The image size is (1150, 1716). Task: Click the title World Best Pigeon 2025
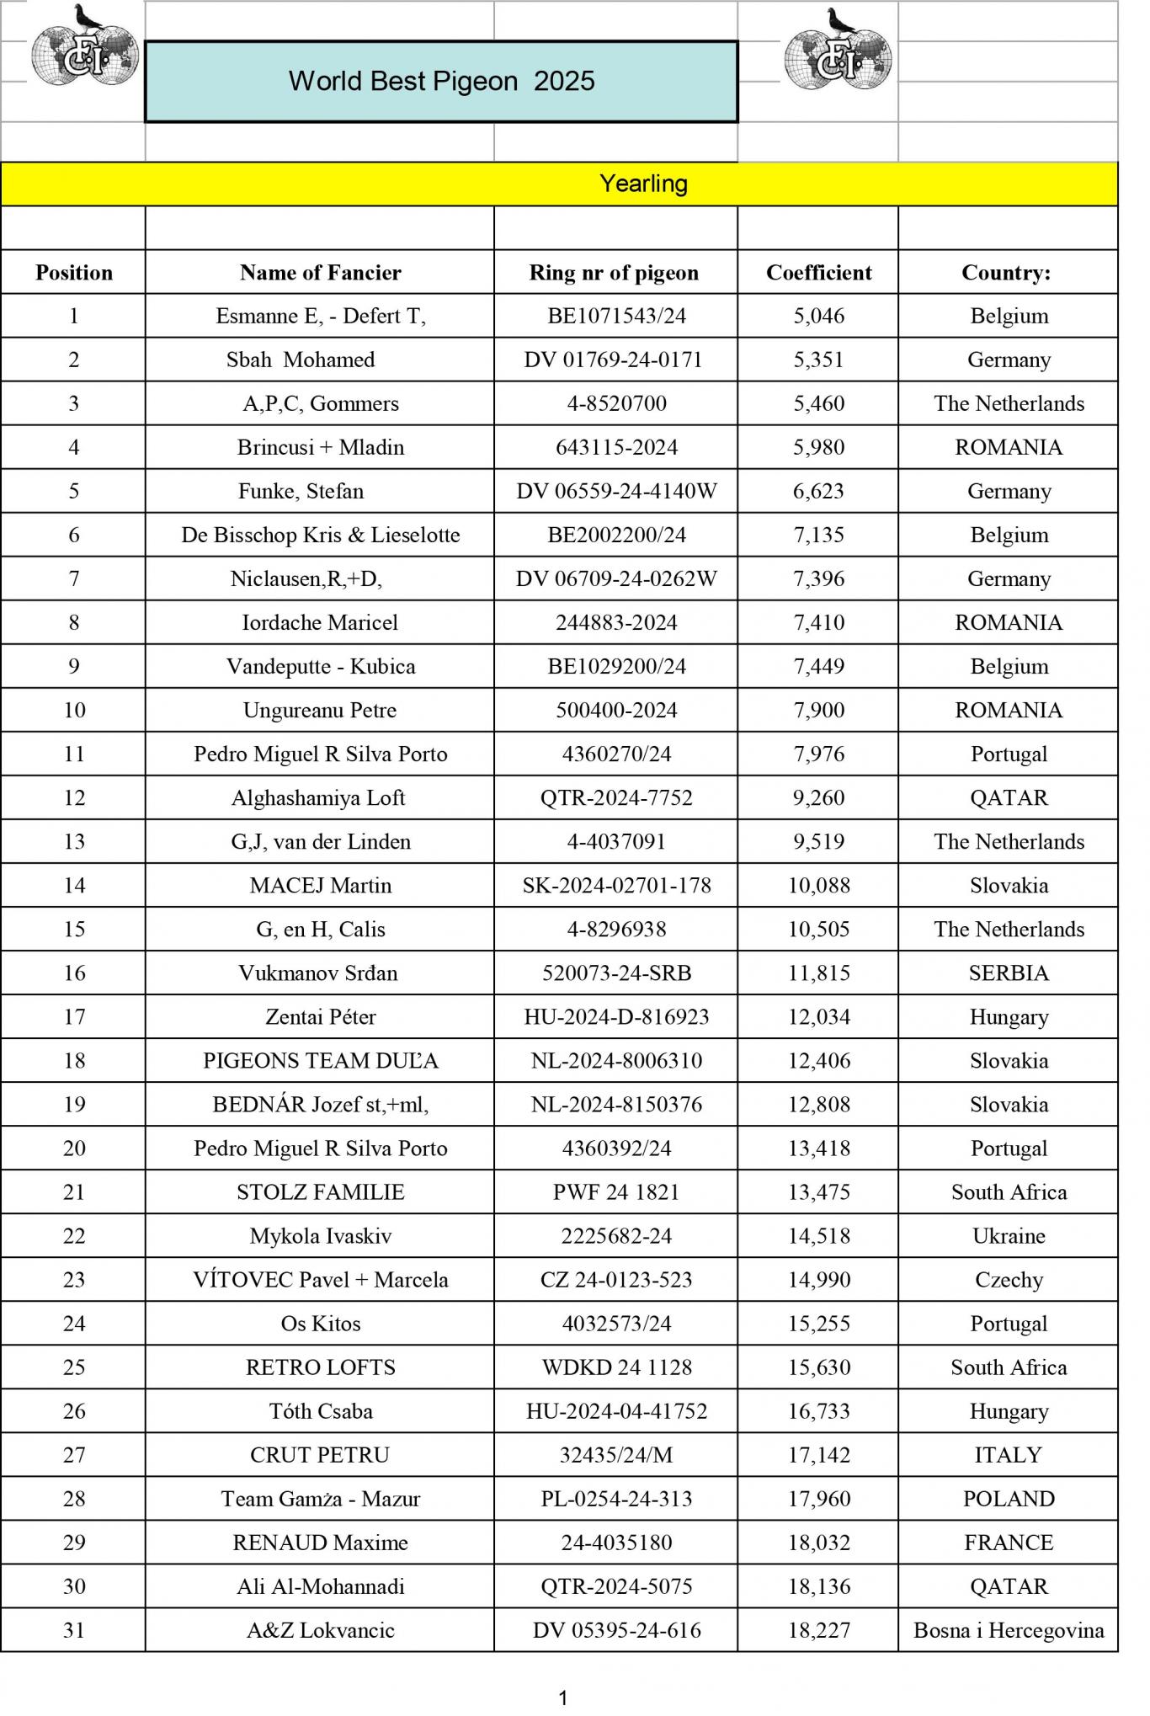(x=441, y=81)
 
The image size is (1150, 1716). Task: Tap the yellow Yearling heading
(x=643, y=184)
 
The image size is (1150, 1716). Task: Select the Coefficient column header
(x=818, y=272)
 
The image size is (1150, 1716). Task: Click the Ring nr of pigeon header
(x=614, y=272)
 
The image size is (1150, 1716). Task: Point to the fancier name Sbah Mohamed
(x=301, y=360)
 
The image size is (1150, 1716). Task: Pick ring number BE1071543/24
(x=616, y=316)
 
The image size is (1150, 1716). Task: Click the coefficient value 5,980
(x=818, y=447)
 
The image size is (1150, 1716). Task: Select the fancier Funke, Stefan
(x=301, y=491)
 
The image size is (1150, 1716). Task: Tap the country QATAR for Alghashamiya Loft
(x=1008, y=797)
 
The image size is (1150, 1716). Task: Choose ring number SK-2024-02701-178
(x=616, y=885)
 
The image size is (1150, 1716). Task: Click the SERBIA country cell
(x=1008, y=973)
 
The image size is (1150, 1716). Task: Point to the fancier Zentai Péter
(x=320, y=1016)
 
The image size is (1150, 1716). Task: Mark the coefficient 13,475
(x=818, y=1191)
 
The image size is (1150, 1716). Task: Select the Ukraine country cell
(x=1008, y=1235)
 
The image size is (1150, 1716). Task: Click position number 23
(x=74, y=1279)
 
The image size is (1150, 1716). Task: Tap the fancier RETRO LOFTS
(x=320, y=1367)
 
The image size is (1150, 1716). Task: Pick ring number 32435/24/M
(x=616, y=1454)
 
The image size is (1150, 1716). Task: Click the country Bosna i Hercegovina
(x=1008, y=1629)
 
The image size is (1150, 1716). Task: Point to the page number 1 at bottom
(x=563, y=1697)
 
